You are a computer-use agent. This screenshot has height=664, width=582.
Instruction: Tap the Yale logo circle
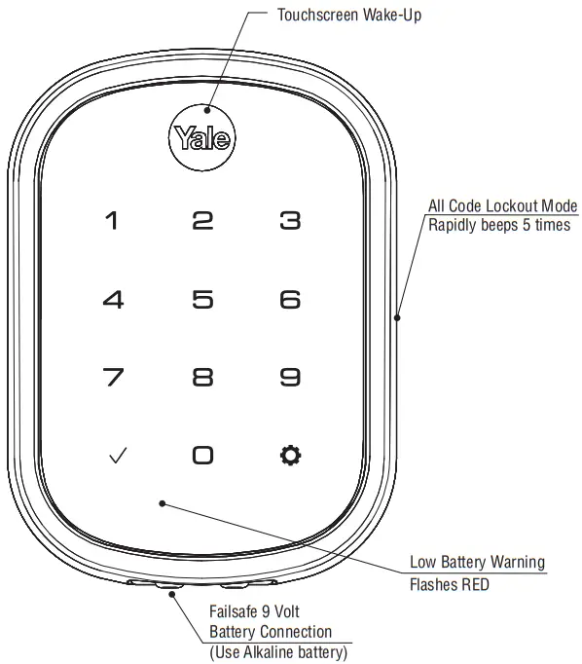coord(201,137)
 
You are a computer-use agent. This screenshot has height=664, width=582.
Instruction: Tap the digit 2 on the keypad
coord(202,221)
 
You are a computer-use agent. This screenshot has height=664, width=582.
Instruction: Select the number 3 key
coord(290,221)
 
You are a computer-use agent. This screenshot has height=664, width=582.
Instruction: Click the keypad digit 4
coord(114,300)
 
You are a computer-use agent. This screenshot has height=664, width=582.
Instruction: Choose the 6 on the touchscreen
coord(290,300)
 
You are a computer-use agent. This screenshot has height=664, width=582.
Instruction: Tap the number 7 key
coord(114,377)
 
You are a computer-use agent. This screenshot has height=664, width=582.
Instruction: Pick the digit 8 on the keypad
coord(202,377)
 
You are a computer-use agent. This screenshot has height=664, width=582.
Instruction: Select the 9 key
coord(290,377)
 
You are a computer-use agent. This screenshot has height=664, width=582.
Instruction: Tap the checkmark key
coord(118,456)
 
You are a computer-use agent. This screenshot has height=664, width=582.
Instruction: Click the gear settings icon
coord(291,456)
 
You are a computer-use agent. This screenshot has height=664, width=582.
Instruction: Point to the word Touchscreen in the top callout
coord(318,15)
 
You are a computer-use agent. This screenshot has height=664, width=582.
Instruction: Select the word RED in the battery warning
coord(475,585)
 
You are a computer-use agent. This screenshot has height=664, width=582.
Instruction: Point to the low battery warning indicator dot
coord(163,503)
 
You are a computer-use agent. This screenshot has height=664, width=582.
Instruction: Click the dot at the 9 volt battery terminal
coord(172,594)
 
